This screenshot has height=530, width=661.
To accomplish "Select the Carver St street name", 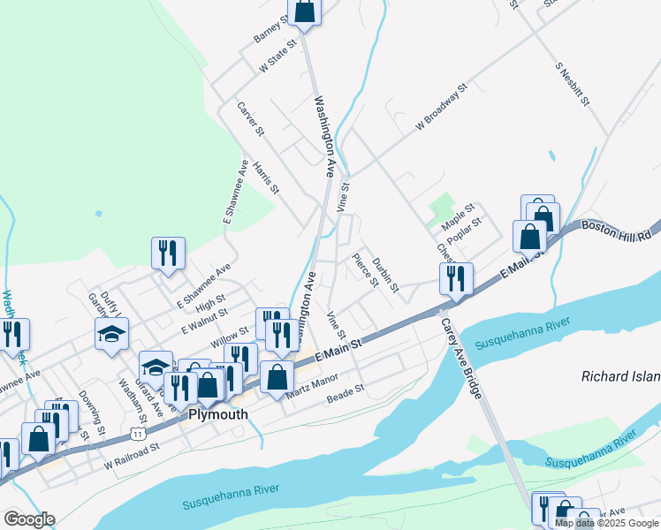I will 250,119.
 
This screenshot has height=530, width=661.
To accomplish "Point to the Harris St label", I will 266,178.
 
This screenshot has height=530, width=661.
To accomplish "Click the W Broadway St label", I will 441,110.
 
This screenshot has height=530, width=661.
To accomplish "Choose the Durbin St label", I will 385,275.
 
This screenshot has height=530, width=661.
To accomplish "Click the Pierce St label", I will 364,271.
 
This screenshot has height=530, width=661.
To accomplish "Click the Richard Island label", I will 620,376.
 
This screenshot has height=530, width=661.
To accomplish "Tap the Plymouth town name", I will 217,413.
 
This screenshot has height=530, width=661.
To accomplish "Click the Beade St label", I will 346,394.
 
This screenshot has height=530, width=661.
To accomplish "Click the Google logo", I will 29,519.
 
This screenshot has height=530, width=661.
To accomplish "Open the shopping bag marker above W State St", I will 304,12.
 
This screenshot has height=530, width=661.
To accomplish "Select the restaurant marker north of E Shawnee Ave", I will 167,254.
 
